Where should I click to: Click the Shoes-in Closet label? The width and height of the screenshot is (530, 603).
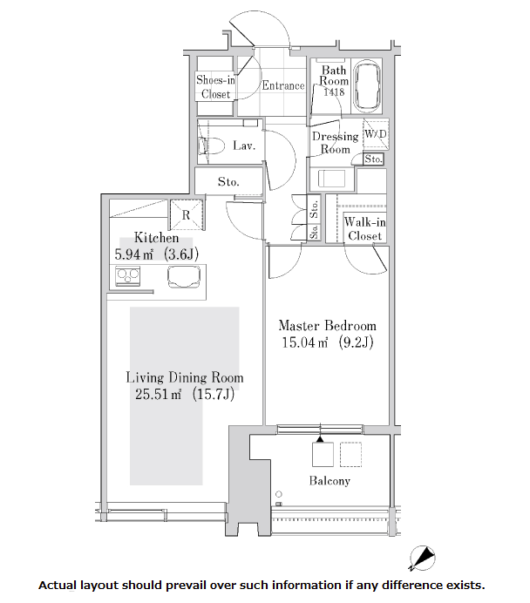tap(215, 87)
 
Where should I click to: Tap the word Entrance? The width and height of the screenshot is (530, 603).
tap(283, 85)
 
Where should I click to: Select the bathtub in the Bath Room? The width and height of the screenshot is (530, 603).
tap(368, 88)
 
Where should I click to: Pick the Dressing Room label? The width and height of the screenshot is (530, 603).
tap(335, 143)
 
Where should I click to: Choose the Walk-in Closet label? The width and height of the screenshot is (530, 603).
tap(364, 229)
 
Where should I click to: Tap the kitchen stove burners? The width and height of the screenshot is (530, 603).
tap(129, 278)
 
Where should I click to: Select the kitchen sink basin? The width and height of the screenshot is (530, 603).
tap(183, 277)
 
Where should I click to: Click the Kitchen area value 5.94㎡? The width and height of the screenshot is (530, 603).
tap(135, 255)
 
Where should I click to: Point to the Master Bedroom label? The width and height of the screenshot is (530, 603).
tap(327, 326)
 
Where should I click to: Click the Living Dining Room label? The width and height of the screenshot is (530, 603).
tap(184, 377)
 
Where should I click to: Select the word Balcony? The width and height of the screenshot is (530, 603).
tap(330, 481)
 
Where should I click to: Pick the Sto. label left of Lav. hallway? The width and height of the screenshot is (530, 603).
tap(228, 181)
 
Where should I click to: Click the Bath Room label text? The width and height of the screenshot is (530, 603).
tap(335, 76)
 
